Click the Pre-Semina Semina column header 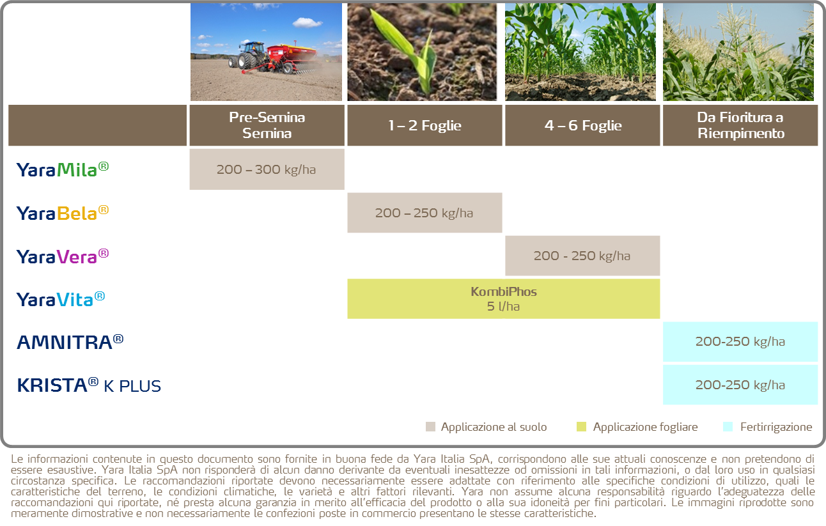267,125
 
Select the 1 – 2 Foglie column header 425,125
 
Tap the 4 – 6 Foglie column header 582,125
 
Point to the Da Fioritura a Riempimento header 740,125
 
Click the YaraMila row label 62,169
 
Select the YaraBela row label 62,213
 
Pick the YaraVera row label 62,256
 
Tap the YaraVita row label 61,299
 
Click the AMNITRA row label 70,342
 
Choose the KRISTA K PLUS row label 89,385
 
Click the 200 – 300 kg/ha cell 267,169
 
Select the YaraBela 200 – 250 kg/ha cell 425,213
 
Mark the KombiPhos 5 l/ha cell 503,298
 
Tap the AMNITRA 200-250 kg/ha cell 740,342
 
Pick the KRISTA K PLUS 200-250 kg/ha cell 740,385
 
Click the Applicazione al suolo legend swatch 430,427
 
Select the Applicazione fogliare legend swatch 581,427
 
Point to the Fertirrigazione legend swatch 728,427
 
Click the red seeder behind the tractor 292,57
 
